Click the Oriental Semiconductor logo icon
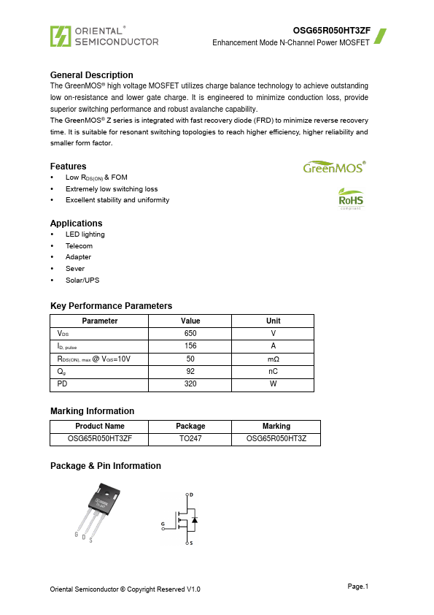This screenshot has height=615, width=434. click(x=60, y=36)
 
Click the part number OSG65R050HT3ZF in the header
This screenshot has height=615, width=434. click(x=331, y=31)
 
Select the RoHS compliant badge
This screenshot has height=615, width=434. click(x=350, y=199)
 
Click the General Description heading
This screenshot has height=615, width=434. click(x=91, y=75)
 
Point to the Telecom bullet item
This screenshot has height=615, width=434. click(x=79, y=246)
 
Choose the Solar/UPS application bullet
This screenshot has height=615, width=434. click(x=82, y=280)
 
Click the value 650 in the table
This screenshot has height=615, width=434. click(x=190, y=333)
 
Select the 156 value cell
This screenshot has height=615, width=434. click(x=190, y=346)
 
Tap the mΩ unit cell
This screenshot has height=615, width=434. click(x=273, y=359)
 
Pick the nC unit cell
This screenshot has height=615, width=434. click(x=273, y=372)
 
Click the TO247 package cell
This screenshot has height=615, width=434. click(x=190, y=439)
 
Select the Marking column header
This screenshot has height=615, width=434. click(x=276, y=427)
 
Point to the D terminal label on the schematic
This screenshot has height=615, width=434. click(x=192, y=494)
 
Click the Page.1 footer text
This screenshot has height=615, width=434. click(x=357, y=587)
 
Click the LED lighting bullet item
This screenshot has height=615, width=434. click(x=85, y=234)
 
